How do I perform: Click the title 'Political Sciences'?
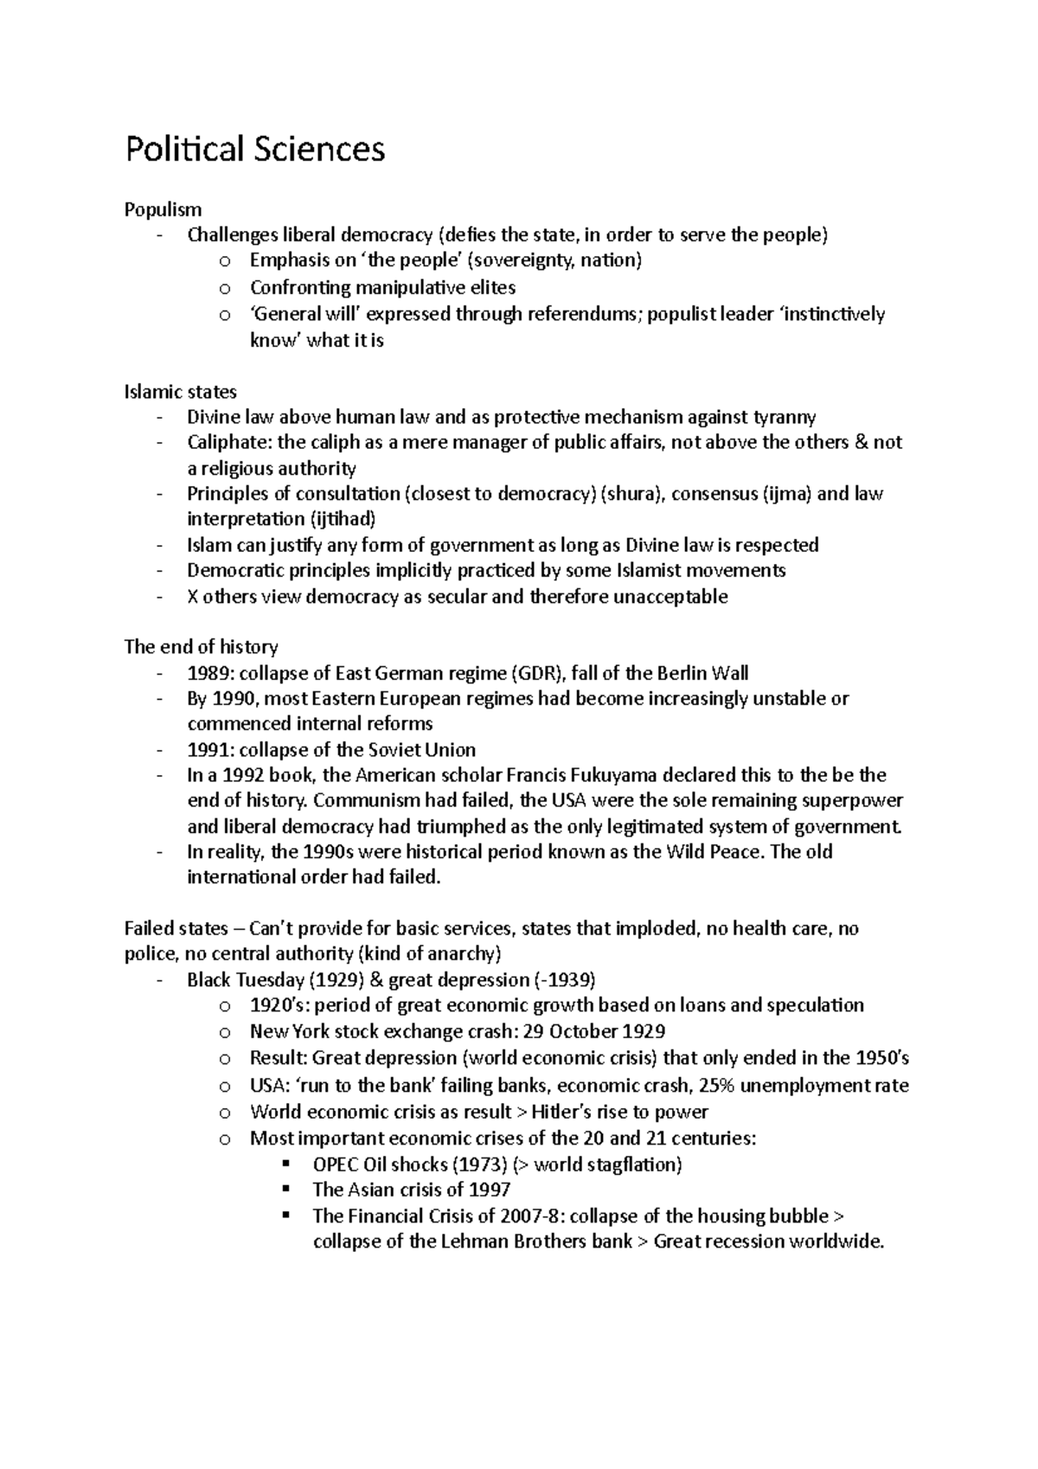tap(254, 151)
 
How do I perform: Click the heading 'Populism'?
tap(163, 209)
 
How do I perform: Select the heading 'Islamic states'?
tap(180, 391)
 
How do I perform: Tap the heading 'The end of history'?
tap(201, 647)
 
